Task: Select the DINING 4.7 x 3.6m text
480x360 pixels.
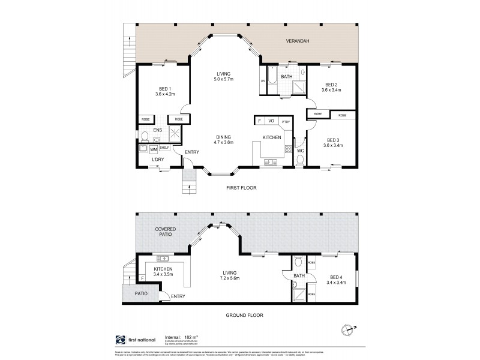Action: point(224,140)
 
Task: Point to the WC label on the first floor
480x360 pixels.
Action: point(301,150)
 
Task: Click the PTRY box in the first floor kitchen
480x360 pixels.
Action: point(286,121)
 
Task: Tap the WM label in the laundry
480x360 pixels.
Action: point(154,149)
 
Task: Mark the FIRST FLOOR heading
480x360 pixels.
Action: point(242,188)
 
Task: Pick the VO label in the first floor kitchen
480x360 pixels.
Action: point(271,121)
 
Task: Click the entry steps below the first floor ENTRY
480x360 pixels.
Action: point(190,179)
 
